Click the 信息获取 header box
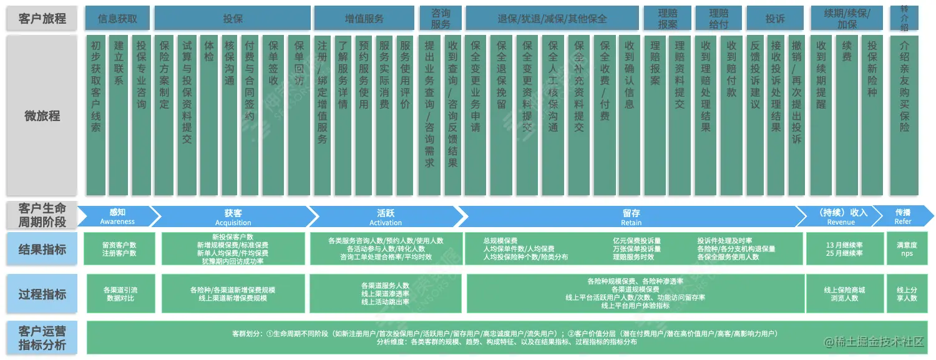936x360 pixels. pos(117,19)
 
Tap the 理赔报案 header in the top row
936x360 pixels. pos(668,19)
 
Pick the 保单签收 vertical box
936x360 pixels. pos(273,115)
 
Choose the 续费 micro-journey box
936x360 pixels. pos(847,115)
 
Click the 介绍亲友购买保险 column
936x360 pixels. pos(904,115)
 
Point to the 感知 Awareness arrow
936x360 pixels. pos(117,216)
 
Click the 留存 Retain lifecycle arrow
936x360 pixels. pos(631,216)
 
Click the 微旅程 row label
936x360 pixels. pos(42,115)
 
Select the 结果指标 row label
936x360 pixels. pos(42,250)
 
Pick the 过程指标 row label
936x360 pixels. pos(42,294)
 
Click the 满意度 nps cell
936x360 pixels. pos(907,250)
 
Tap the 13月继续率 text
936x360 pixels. pos(844,245)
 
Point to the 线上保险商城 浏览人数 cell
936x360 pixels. pos(844,294)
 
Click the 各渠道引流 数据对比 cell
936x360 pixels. pos(120,294)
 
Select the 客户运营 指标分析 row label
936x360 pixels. pos(42,338)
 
